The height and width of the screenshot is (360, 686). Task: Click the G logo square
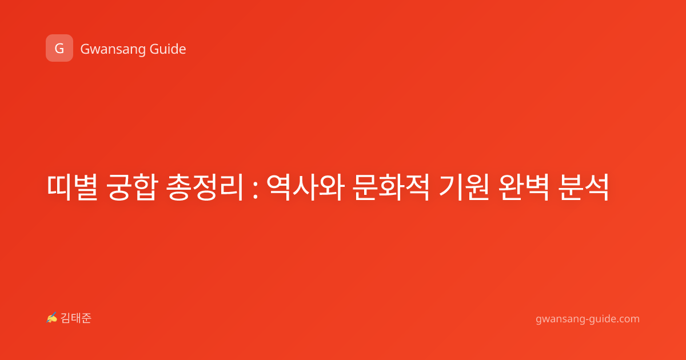pos(59,48)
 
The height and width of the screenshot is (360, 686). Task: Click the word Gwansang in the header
pos(113,50)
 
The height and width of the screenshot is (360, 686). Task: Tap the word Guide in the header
pos(168,49)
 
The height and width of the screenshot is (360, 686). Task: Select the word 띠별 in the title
pos(73,187)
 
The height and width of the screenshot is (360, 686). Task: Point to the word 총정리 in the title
pos(205,187)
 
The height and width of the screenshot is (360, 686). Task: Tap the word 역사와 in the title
pos(305,187)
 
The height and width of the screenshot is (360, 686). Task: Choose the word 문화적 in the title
pos(390,187)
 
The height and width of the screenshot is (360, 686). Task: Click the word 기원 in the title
pos(464,187)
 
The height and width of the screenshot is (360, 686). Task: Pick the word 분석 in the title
pos(583,187)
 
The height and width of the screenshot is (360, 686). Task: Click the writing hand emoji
pos(52,318)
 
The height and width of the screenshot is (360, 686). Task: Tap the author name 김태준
pos(75,318)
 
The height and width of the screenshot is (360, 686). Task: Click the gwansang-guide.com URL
pos(588,319)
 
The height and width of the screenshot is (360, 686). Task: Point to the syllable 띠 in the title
pos(59,187)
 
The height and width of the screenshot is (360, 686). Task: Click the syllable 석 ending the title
pos(597,187)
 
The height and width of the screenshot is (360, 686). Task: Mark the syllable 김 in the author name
pos(66,318)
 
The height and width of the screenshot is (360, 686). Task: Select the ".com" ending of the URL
pos(627,319)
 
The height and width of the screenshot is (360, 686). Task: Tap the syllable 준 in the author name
pos(86,318)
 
